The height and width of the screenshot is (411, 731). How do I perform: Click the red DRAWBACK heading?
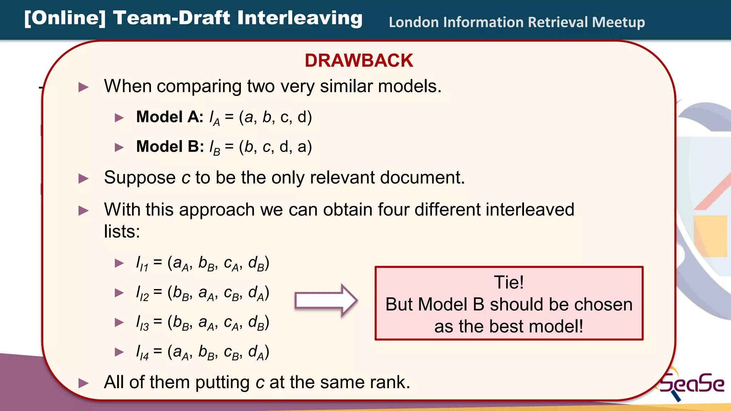click(x=359, y=60)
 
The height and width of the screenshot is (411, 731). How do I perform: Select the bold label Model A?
click(x=170, y=117)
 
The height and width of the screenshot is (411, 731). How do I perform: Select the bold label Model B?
click(x=170, y=146)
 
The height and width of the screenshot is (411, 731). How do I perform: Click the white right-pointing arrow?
click(x=326, y=300)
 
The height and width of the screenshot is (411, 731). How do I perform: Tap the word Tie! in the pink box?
click(x=509, y=282)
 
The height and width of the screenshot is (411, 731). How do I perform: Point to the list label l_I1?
click(x=142, y=264)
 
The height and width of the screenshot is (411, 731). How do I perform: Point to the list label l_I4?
click(x=142, y=352)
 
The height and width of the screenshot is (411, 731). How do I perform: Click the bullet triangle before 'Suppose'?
click(x=83, y=178)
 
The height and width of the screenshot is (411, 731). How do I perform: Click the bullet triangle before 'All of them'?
click(x=83, y=383)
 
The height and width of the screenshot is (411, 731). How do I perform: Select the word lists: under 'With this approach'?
click(x=122, y=231)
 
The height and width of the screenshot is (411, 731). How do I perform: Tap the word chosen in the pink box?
click(x=603, y=304)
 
